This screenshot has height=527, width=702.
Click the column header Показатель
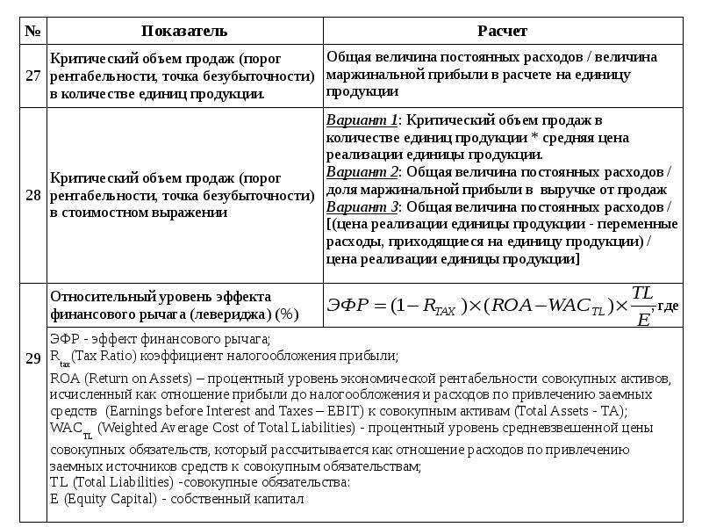tap(184, 31)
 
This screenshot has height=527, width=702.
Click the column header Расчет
tap(503, 31)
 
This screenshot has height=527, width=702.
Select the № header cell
tap(33, 31)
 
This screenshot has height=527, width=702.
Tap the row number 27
tap(33, 76)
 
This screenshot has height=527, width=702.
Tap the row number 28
tap(33, 195)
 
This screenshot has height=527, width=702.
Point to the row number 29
tap(33, 357)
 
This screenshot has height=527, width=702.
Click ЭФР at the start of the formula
tap(346, 306)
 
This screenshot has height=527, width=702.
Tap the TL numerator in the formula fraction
tap(643, 292)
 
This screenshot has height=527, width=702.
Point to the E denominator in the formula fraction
tap(643, 319)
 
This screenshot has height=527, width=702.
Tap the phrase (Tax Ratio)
tap(104, 356)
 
